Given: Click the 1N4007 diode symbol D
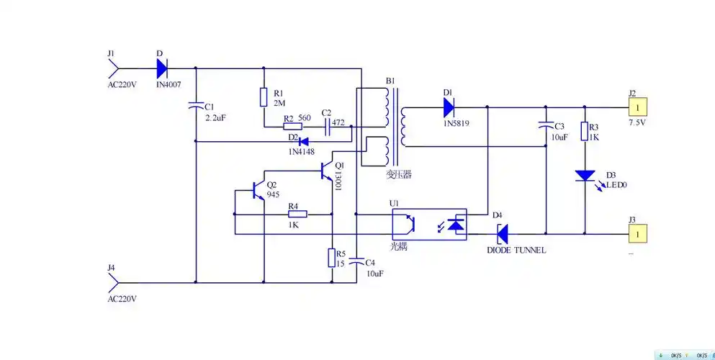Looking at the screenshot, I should (162, 69).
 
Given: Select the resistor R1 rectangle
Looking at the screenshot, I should (264, 97).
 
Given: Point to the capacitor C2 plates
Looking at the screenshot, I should (326, 126).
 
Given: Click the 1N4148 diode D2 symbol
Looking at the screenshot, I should (303, 141).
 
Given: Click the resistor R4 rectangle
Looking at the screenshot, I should (297, 214).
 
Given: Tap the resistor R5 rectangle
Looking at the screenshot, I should (332, 257).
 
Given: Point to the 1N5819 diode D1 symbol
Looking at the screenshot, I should (449, 107).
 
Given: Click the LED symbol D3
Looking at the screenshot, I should (584, 176).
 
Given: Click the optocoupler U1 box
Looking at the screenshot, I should (428, 225).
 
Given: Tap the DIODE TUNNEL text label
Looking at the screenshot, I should (516, 250).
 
